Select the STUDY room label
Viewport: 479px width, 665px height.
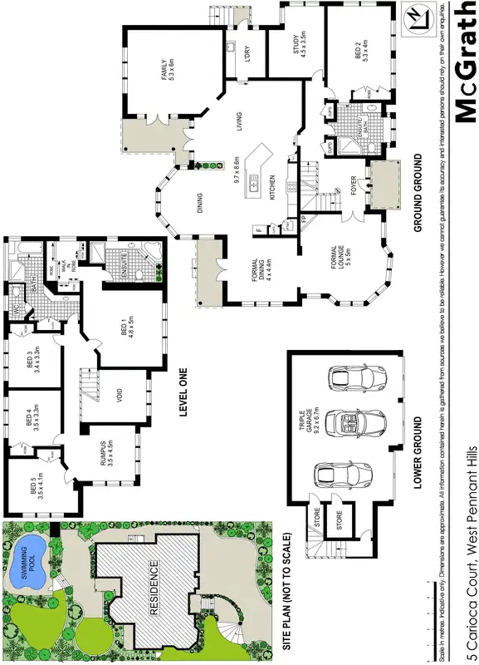(x=301, y=44)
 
